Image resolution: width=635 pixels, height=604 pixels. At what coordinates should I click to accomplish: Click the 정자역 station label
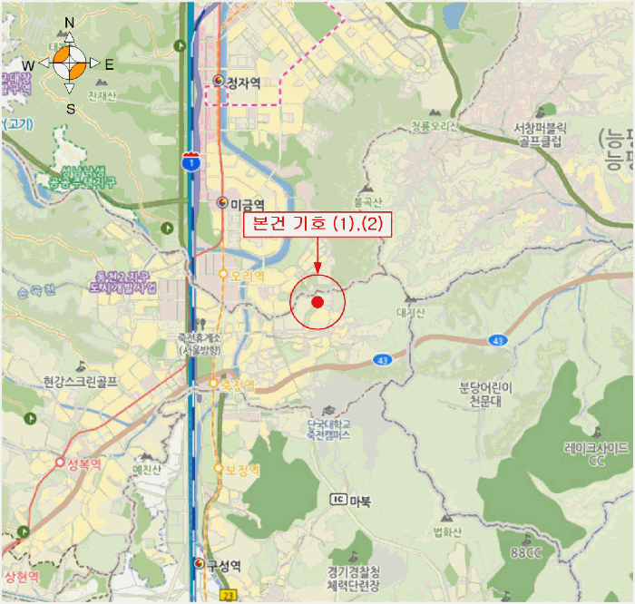pos(243,83)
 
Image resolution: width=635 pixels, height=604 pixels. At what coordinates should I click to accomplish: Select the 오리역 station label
pos(247,275)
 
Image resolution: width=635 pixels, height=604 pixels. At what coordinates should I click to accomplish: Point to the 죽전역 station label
pos(238,385)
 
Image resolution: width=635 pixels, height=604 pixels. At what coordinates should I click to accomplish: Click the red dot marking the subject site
pos(317,302)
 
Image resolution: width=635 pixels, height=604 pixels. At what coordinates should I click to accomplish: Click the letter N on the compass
pos(70,23)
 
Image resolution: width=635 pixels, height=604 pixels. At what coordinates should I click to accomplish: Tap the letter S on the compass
pos(70,109)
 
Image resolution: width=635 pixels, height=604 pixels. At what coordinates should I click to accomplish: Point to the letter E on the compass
pos(109,65)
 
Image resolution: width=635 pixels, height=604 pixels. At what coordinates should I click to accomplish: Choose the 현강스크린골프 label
pos(80,382)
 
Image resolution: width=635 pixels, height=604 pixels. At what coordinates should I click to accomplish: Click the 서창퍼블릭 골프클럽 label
pos(539,135)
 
